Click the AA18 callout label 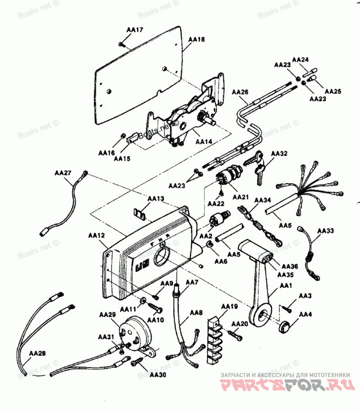(x=196, y=40)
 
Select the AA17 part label (x=135, y=30)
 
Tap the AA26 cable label (x=240, y=92)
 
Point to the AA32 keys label (x=279, y=154)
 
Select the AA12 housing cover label (x=96, y=235)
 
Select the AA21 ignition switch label (x=240, y=197)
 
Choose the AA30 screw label (x=157, y=374)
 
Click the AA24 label (x=300, y=59)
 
